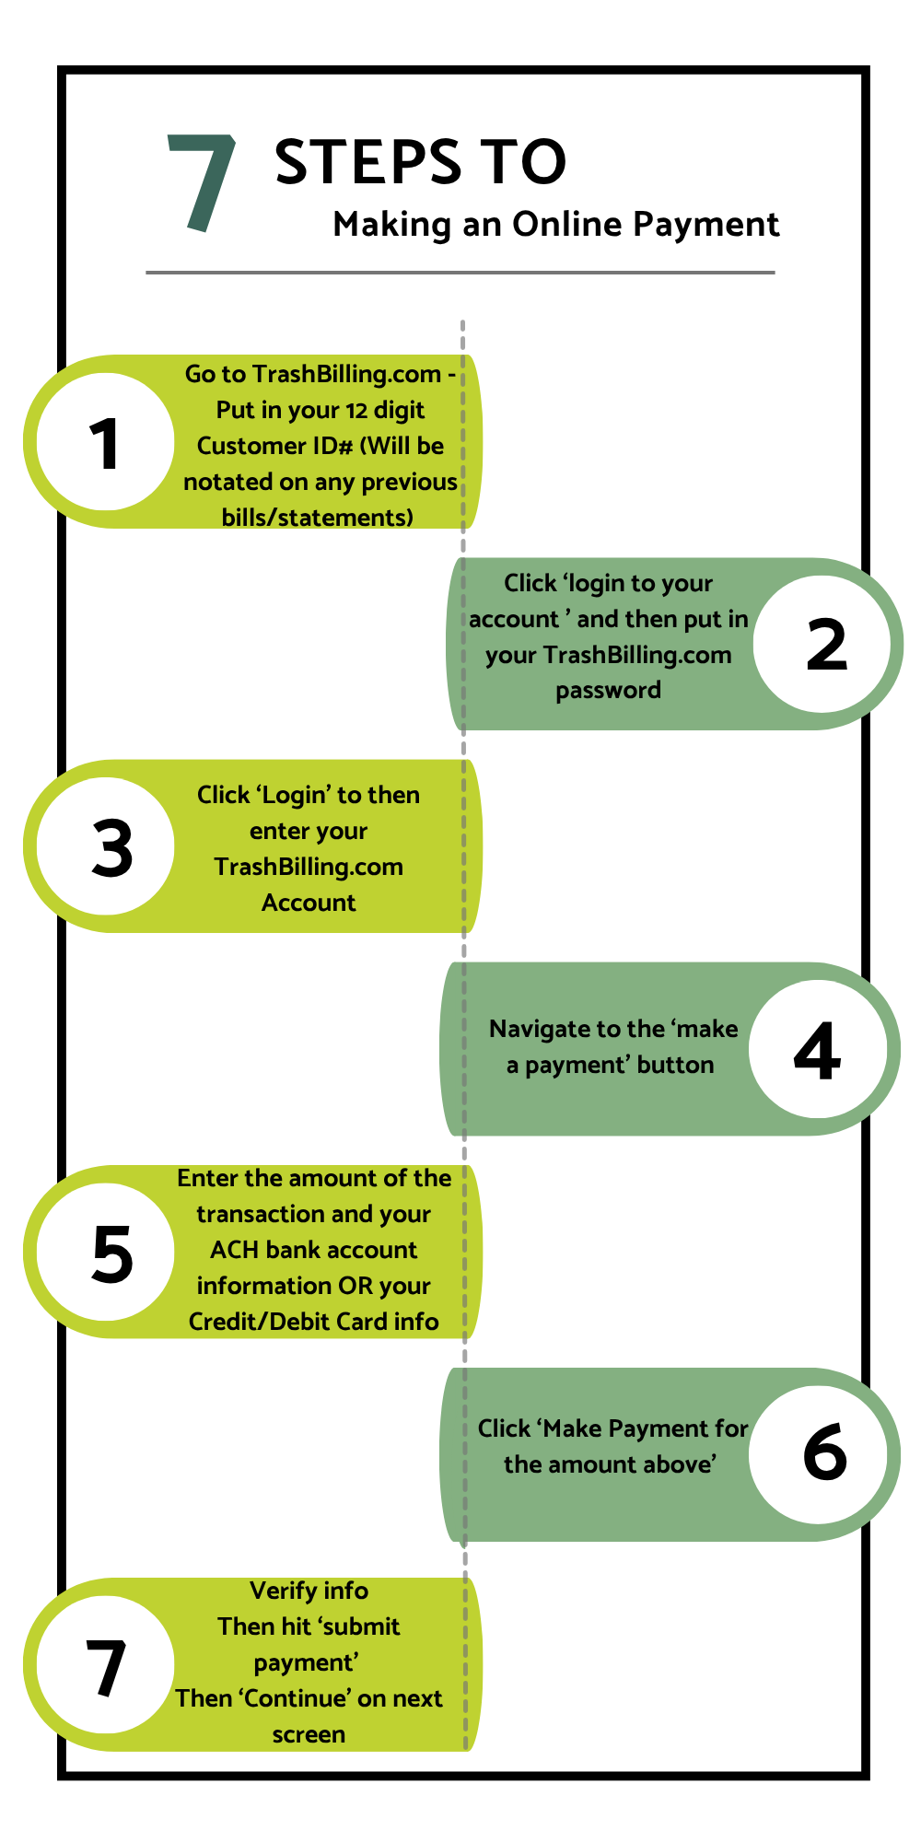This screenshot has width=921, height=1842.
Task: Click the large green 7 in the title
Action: click(x=203, y=182)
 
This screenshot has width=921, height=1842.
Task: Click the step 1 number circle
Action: click(x=106, y=442)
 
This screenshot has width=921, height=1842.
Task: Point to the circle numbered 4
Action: click(x=817, y=1049)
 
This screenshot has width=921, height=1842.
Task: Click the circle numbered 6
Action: click(x=822, y=1454)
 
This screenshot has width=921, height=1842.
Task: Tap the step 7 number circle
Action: click(x=106, y=1664)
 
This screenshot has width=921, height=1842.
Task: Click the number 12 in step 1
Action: click(x=357, y=410)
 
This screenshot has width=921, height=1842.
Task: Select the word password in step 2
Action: click(x=608, y=690)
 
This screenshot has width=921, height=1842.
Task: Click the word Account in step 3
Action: click(x=309, y=903)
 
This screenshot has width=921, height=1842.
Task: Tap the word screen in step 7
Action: click(x=309, y=1734)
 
